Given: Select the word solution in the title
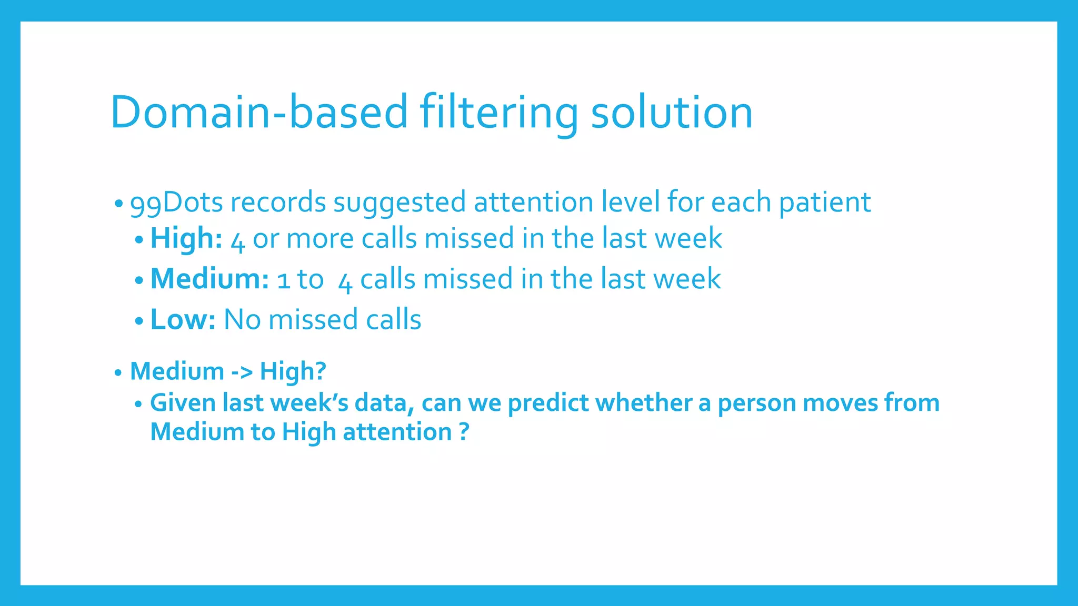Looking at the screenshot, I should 672,112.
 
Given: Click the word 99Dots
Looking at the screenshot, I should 176,203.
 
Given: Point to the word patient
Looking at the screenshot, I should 824,203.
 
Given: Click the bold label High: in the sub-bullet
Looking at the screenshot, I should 186,238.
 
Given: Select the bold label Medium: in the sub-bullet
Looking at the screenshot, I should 209,279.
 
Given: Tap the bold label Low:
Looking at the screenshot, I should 183,319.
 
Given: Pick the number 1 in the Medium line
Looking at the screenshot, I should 284,280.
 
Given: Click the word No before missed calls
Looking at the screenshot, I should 242,319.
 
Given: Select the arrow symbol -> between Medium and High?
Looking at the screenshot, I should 242,371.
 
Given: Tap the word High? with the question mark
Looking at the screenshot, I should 293,371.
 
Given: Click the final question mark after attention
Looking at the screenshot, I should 463,432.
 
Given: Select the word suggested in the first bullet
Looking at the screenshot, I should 400,203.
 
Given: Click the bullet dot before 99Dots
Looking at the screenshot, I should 119,203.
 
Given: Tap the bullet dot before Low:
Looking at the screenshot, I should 139,320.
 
